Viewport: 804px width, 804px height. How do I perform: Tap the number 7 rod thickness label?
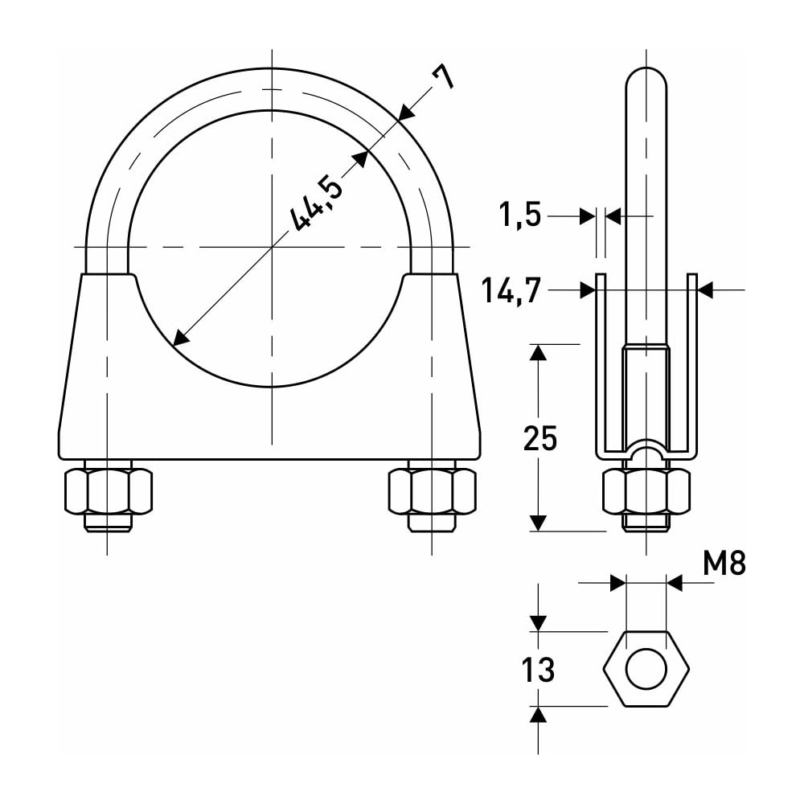click(442, 77)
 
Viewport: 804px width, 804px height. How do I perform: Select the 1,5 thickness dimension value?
click(520, 215)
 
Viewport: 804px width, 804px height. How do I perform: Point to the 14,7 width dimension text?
click(511, 290)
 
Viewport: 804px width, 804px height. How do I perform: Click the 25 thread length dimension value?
click(540, 439)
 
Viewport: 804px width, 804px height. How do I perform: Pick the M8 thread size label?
click(724, 563)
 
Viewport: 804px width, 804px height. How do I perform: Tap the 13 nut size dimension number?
click(538, 670)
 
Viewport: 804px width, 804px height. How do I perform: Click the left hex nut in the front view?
click(109, 490)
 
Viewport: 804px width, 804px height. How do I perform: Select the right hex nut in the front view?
click(432, 490)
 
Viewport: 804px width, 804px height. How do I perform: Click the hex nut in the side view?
click(646, 490)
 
